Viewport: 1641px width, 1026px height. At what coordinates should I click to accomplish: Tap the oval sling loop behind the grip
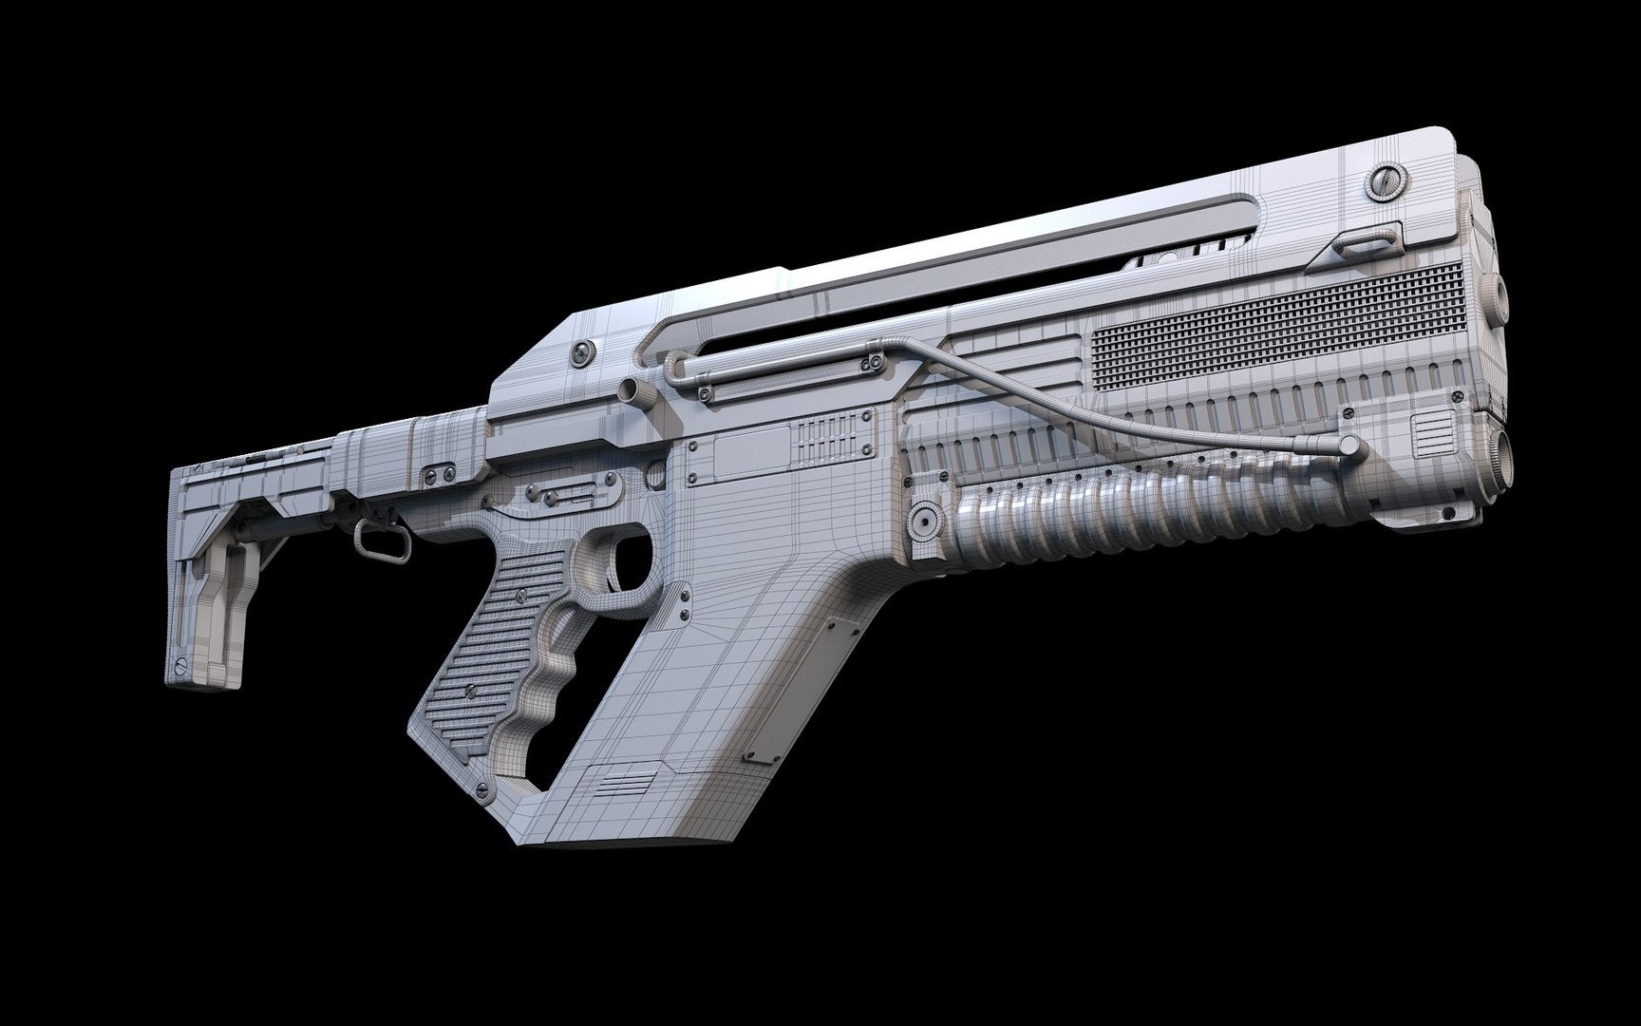click(366, 541)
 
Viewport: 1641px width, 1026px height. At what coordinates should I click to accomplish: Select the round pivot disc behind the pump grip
click(923, 519)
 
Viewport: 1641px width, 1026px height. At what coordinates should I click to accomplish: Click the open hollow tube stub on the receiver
click(628, 389)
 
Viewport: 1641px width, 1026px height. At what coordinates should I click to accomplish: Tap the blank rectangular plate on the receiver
click(749, 450)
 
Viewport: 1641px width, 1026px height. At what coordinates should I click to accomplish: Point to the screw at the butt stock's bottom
click(180, 663)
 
